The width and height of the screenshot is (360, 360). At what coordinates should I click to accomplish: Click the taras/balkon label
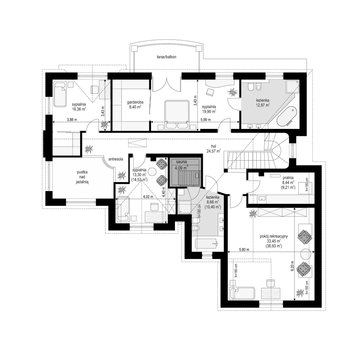coord(167,57)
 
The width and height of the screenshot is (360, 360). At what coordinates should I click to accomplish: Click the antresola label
coord(116,159)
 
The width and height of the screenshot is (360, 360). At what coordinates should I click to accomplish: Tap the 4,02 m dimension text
coord(148,197)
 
